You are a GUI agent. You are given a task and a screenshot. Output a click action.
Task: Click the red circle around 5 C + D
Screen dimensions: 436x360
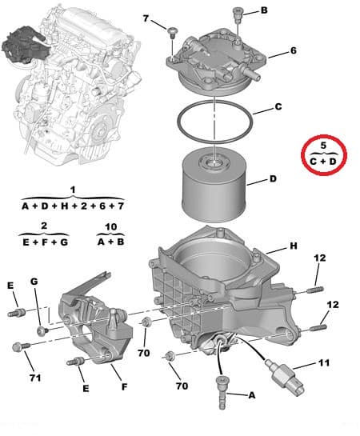pos(324,155)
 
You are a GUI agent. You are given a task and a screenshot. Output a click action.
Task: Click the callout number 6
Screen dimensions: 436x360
pos(293,50)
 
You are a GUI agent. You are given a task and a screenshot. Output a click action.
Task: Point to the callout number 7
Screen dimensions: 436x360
pos(146,18)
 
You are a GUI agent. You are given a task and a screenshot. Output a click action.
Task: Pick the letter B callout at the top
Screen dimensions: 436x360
pos(265,11)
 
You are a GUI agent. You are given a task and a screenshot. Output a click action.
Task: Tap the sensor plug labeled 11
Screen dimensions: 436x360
pos(287,375)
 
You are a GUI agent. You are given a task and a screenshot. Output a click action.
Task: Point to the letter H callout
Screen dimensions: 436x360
pos(293,246)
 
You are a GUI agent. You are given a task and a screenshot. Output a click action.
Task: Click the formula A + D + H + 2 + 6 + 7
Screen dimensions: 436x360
pos(72,206)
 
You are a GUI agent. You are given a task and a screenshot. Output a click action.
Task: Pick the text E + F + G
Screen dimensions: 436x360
pos(44,241)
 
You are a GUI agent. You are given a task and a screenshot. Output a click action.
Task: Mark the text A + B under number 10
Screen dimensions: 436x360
pos(110,241)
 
